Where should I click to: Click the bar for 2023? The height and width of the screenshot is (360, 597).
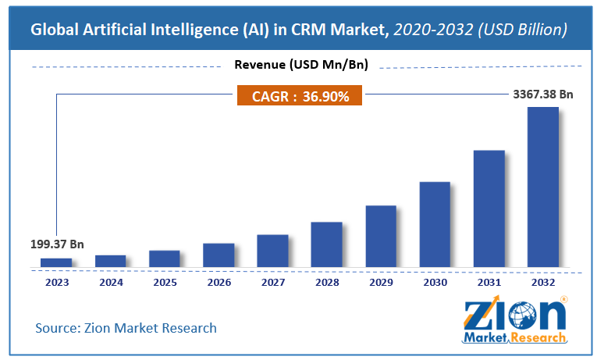point(56,262)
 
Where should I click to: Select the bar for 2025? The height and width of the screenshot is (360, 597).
point(165,258)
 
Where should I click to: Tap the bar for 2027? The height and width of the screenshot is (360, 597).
point(272,251)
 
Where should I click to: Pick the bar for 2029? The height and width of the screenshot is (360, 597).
point(381,237)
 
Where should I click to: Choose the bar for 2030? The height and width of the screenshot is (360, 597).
point(435,224)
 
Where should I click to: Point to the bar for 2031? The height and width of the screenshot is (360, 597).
point(489,209)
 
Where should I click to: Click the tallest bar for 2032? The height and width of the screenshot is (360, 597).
point(543,187)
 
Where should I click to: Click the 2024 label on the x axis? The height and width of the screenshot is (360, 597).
point(110,282)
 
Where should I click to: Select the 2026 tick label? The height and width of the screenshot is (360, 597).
point(219,282)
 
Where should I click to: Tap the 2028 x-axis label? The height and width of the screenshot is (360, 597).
point(326,282)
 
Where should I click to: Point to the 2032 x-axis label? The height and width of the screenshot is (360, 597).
point(543,282)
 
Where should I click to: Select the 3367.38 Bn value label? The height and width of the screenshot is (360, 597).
point(538,94)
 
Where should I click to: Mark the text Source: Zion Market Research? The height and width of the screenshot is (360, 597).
point(126,327)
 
